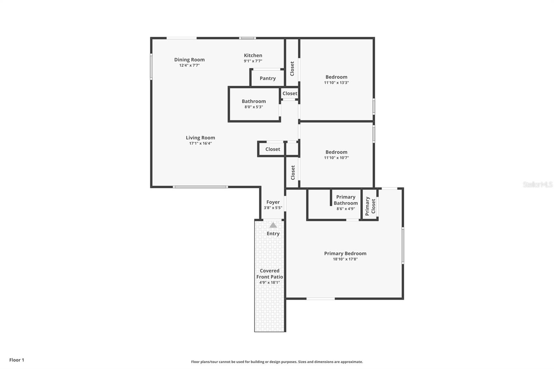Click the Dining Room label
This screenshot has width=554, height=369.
(189, 60)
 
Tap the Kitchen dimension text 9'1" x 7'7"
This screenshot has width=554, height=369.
(253, 61)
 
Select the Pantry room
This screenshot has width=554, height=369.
(268, 78)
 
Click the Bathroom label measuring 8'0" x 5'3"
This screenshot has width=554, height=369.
(253, 101)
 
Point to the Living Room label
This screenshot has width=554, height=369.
(200, 138)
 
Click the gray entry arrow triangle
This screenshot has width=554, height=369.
(273, 225)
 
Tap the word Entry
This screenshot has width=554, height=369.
(273, 234)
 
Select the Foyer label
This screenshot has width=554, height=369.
(273, 202)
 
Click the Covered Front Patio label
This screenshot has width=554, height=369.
(269, 274)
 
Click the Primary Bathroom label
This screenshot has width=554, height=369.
(346, 200)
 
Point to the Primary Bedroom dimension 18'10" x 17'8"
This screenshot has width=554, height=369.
(345, 259)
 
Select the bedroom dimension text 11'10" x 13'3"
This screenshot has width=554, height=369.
(336, 83)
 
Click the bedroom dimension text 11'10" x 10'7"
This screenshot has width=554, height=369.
(336, 158)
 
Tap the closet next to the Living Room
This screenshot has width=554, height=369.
(272, 149)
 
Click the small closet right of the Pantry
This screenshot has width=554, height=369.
(289, 93)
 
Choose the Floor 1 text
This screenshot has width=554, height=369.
(17, 360)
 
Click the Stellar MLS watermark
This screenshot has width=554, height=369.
(537, 184)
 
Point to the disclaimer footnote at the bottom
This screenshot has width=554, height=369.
(277, 362)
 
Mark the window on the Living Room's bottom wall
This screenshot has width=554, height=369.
(200, 187)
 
